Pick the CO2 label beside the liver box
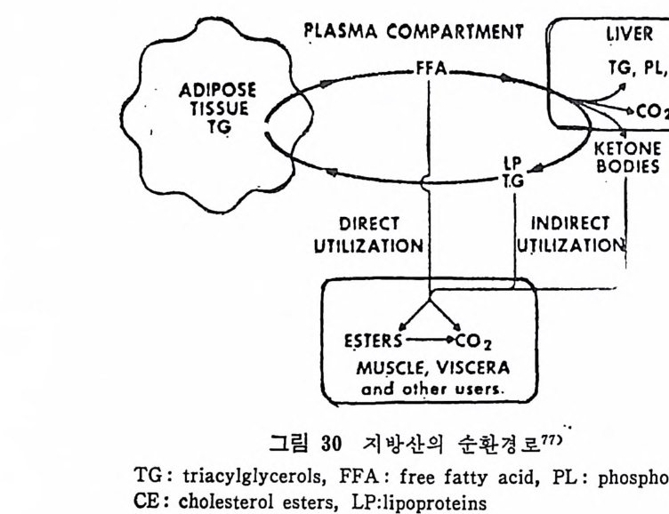point(652,112)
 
